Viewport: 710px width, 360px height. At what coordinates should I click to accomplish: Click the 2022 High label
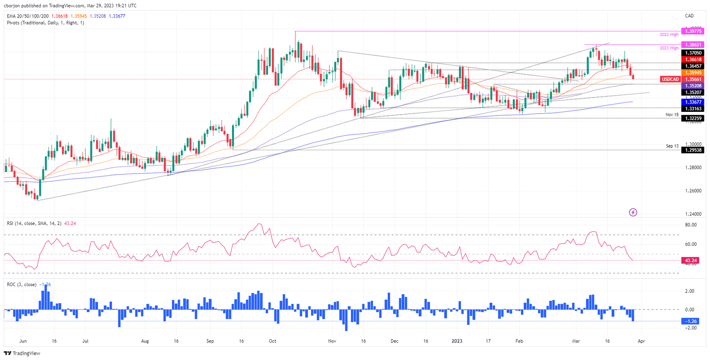pyautogui.click(x=669, y=35)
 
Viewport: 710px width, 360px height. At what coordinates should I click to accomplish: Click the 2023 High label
pyautogui.click(x=669, y=48)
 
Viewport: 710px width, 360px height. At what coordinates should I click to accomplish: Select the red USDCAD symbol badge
pyautogui.click(x=670, y=79)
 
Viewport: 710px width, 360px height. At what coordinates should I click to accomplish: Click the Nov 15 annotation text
pyautogui.click(x=672, y=113)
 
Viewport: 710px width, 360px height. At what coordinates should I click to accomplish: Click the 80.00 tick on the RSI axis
pyautogui.click(x=691, y=225)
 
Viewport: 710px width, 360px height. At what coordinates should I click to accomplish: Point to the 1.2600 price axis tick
pyautogui.click(x=692, y=190)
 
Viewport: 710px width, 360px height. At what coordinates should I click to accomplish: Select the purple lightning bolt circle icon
pyautogui.click(x=633, y=212)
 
